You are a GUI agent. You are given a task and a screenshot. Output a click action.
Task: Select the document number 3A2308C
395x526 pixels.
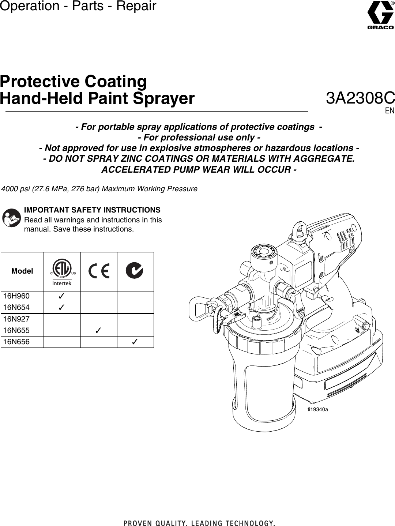tap(360, 98)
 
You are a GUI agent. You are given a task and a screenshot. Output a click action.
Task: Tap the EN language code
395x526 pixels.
tap(390, 110)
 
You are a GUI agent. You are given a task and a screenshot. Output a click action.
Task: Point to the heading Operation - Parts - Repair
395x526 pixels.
tap(78, 6)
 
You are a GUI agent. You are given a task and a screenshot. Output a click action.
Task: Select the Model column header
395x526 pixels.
tap(22, 271)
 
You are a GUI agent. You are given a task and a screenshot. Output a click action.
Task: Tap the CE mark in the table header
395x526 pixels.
tap(99, 271)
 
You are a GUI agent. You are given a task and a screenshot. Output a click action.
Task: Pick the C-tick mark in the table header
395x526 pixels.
tap(134, 271)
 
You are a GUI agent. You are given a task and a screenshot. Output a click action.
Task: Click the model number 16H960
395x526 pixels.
tap(16, 296)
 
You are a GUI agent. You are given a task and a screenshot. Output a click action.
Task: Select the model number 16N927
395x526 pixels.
tap(16, 319)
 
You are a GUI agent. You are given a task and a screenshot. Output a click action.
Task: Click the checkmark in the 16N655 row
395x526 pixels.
tap(98, 330)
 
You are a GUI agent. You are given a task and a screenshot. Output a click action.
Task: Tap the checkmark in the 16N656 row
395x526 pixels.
tap(135, 342)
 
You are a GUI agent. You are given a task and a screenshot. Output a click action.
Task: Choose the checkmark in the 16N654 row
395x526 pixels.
tap(62, 307)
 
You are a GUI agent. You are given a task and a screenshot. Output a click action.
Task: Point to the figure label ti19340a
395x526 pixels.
tap(317, 409)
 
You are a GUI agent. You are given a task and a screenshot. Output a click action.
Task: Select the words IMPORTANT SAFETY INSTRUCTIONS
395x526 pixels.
tap(92, 210)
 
